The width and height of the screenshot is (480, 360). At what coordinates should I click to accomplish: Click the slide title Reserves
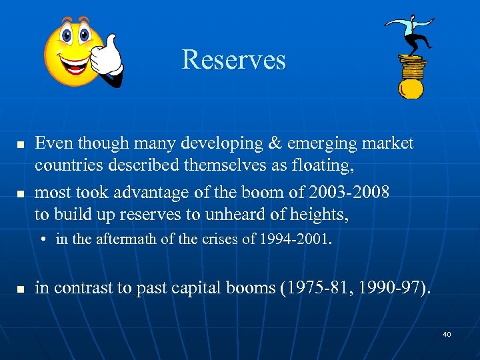pyautogui.click(x=233, y=59)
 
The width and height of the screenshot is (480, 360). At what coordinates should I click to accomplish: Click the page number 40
pyautogui.click(x=447, y=334)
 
